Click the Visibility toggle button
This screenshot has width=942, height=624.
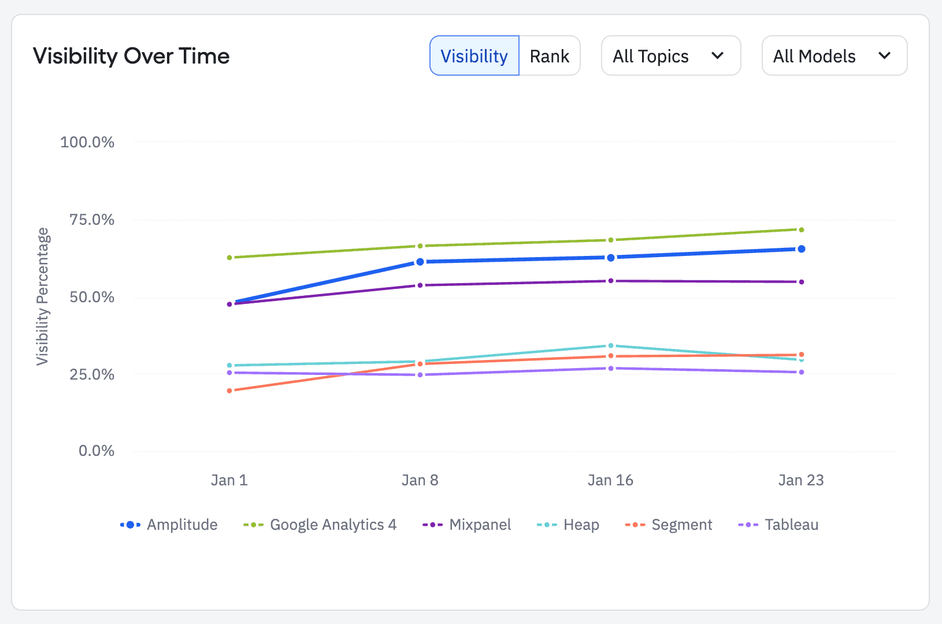pyautogui.click(x=474, y=56)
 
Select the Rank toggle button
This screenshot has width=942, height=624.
pyautogui.click(x=549, y=56)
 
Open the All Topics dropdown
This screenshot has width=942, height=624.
pyautogui.click(x=670, y=56)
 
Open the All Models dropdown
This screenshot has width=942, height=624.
pyautogui.click(x=834, y=56)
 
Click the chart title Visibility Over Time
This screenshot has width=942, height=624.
pyautogui.click(x=131, y=56)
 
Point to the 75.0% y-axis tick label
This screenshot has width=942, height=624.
pyautogui.click(x=92, y=220)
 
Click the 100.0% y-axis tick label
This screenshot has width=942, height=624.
pyautogui.click(x=87, y=142)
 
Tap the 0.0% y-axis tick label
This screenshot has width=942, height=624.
pyautogui.click(x=97, y=451)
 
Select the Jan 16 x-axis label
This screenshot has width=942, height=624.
pyautogui.click(x=610, y=480)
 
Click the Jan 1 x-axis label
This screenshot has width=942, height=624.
pyautogui.click(x=229, y=480)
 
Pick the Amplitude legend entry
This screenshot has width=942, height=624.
pyautogui.click(x=169, y=525)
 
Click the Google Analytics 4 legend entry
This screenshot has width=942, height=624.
pyautogui.click(x=320, y=525)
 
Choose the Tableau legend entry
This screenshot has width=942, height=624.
pyautogui.click(x=778, y=525)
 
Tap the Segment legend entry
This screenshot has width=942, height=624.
pyautogui.click(x=669, y=525)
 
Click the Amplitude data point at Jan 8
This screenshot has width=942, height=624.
pyautogui.click(x=420, y=262)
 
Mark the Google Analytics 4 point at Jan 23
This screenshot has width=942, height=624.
pyautogui.click(x=801, y=230)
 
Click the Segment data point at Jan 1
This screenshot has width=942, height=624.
pyautogui.click(x=229, y=391)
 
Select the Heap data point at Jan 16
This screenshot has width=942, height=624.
pyautogui.click(x=611, y=346)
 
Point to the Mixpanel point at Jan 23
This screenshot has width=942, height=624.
pyautogui.click(x=801, y=282)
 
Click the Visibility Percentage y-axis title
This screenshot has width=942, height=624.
pyautogui.click(x=43, y=296)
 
